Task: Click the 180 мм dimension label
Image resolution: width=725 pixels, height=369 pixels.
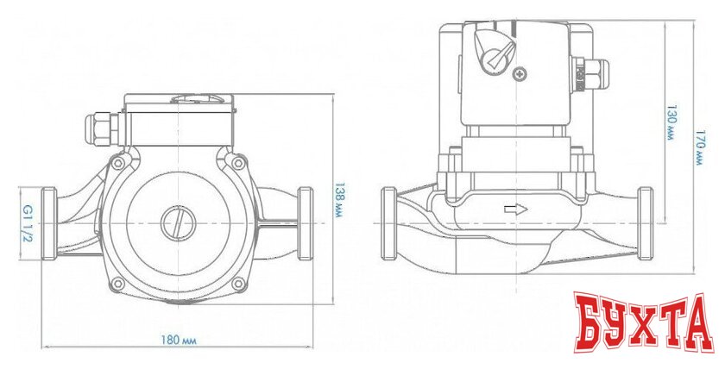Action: [179, 341]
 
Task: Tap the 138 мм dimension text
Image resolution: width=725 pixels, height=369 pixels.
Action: [338, 200]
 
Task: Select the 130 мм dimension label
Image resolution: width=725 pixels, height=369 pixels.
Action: [671, 124]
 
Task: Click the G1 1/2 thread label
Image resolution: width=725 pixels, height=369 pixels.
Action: [26, 223]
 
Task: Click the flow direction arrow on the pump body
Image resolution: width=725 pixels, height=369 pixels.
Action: [516, 210]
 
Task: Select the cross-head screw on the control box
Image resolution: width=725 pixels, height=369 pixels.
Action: [520, 73]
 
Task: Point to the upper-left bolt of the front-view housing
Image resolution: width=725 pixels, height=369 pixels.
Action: [118, 163]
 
